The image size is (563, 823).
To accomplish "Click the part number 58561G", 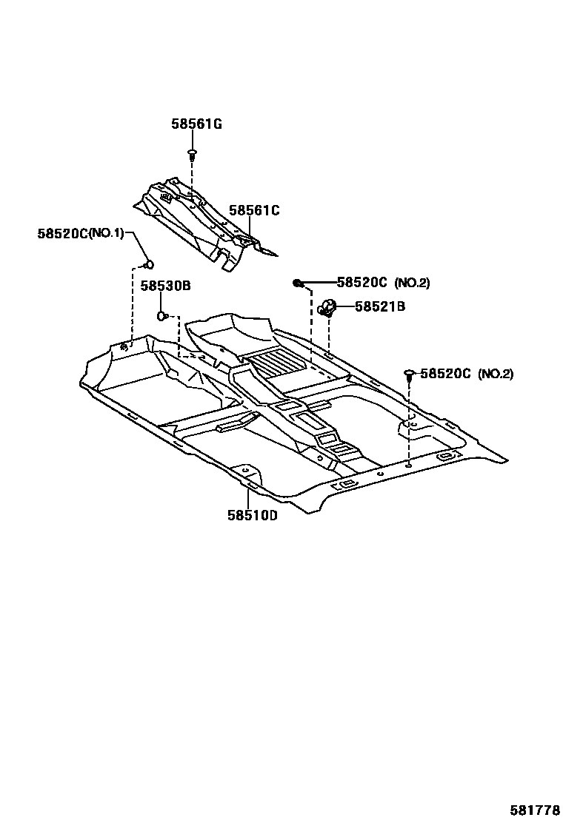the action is click(196, 124).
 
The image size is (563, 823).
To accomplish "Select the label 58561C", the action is click(254, 210).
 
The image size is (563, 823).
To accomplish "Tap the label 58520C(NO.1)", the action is click(81, 233).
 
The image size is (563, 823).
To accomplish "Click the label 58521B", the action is click(379, 306).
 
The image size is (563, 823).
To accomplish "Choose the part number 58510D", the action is click(252, 516).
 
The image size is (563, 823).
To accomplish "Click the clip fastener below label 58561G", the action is click(192, 155).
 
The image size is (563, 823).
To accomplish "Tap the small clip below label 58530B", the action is click(161, 317).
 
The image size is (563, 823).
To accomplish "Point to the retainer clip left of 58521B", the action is click(327, 306).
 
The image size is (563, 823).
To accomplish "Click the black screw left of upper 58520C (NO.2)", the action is click(297, 283).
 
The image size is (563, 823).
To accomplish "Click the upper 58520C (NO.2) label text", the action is click(383, 283).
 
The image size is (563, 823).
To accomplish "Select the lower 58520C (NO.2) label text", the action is click(467, 374).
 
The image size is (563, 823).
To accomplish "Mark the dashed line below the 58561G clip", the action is click(192, 178).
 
